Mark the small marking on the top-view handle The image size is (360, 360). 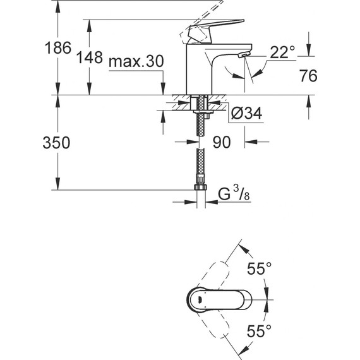197,300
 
